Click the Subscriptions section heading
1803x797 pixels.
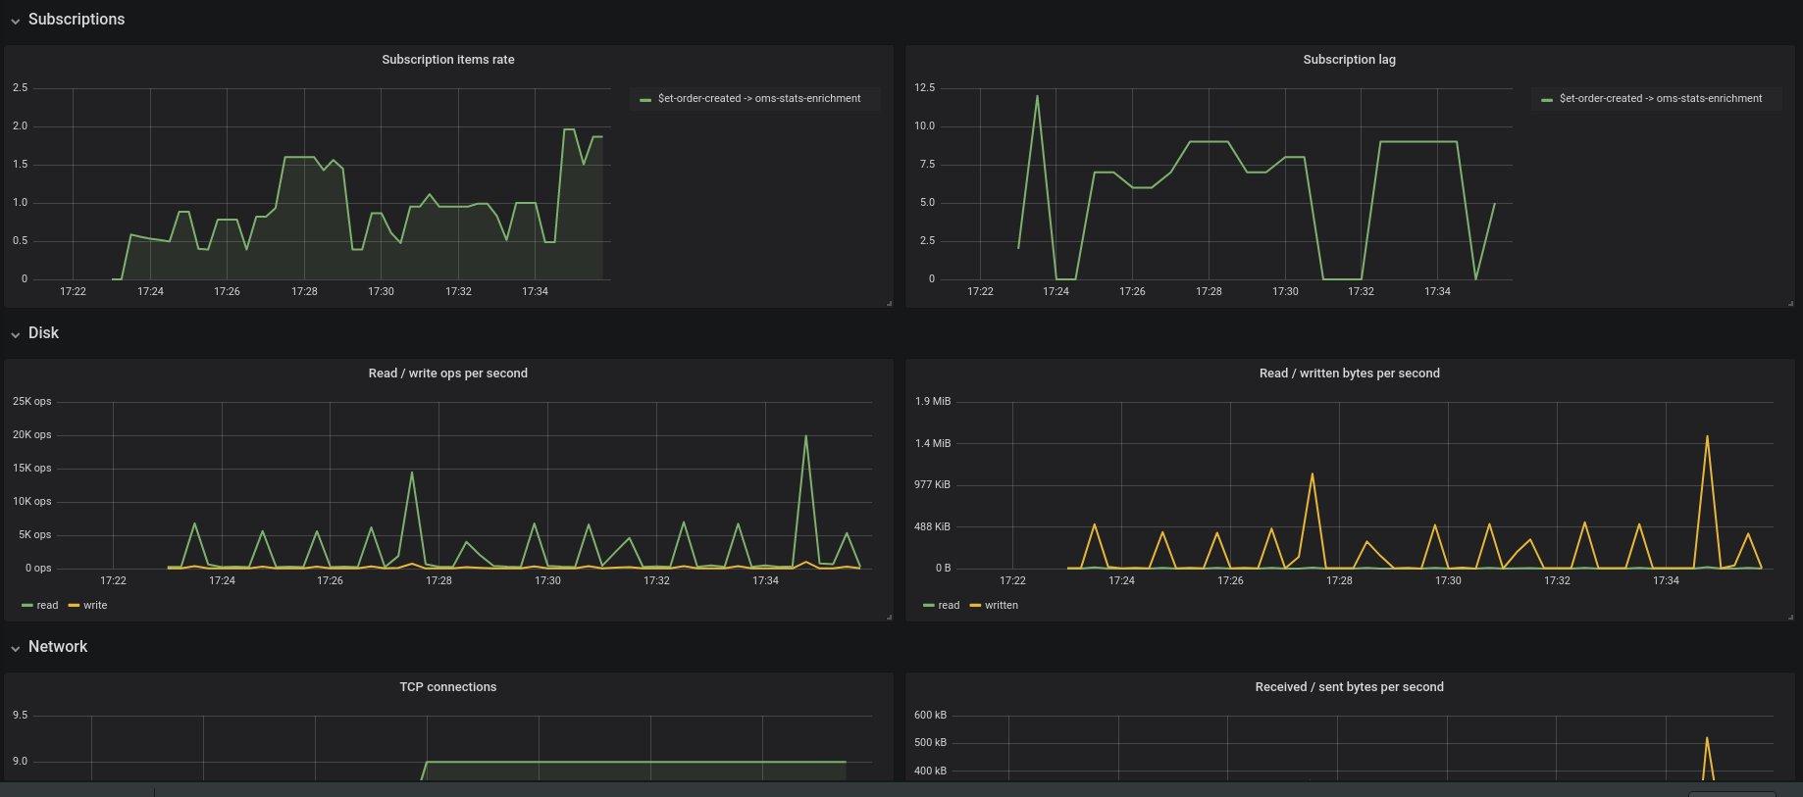(x=76, y=20)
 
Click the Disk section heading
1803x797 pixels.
(x=43, y=333)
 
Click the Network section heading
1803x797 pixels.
(x=57, y=647)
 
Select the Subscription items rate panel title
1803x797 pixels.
(x=447, y=60)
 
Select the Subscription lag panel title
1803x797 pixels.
(x=1349, y=60)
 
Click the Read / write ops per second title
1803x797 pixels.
(x=447, y=374)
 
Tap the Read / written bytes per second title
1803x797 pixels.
(x=1349, y=374)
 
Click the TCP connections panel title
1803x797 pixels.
(x=447, y=687)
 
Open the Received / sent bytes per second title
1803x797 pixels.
(x=1349, y=687)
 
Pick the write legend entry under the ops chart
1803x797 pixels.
(x=94, y=606)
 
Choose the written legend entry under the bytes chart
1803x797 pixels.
(x=1001, y=606)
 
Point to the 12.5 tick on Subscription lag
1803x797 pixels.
(x=924, y=88)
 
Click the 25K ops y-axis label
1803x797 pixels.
(x=31, y=402)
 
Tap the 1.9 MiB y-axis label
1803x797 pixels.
(x=932, y=402)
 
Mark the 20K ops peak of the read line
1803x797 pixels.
(x=805, y=436)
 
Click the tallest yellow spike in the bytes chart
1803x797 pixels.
(x=1707, y=437)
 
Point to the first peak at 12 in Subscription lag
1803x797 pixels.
(x=1037, y=96)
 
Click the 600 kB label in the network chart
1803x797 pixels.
(x=930, y=716)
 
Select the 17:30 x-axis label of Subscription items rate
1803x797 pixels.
(x=381, y=292)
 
